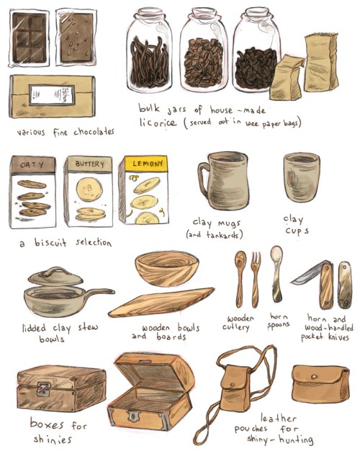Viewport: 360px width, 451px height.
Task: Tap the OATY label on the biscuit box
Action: coord(32,164)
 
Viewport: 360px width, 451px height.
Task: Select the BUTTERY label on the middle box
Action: coord(89,164)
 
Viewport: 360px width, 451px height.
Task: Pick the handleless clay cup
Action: coord(302,177)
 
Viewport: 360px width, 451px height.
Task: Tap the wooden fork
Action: coord(256,279)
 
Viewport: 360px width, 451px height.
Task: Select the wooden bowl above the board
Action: coord(167,268)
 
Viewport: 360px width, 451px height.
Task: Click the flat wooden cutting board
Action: coord(161,303)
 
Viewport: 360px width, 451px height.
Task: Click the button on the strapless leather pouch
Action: coord(314,377)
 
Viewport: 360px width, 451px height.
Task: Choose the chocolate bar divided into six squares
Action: coord(29,38)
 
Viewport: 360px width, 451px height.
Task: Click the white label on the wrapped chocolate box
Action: coord(52,94)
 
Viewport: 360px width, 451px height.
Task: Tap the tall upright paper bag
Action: coord(321,63)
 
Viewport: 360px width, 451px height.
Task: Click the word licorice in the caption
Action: coord(158,122)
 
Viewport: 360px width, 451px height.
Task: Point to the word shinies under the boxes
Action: coord(53,439)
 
